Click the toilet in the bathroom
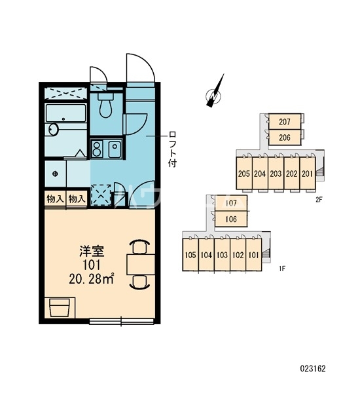coord(105,105)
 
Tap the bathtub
coord(66,113)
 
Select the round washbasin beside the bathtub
coord(53,130)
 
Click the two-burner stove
coord(96,149)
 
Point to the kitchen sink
coord(115,149)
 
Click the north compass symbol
coord(214,93)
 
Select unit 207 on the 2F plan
coord(285,122)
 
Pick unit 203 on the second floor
coord(276,173)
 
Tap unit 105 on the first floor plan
coord(190,255)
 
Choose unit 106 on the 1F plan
coord(231,219)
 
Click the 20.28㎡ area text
coord(92,279)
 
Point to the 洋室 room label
coord(92,252)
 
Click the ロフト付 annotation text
coord(172,149)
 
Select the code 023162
coord(313,368)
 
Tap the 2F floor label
coord(318,200)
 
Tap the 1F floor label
coord(282,269)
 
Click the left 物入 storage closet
coord(55,199)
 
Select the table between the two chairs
coord(141,264)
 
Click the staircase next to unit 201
coord(320,172)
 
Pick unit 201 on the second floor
coord(307,173)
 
